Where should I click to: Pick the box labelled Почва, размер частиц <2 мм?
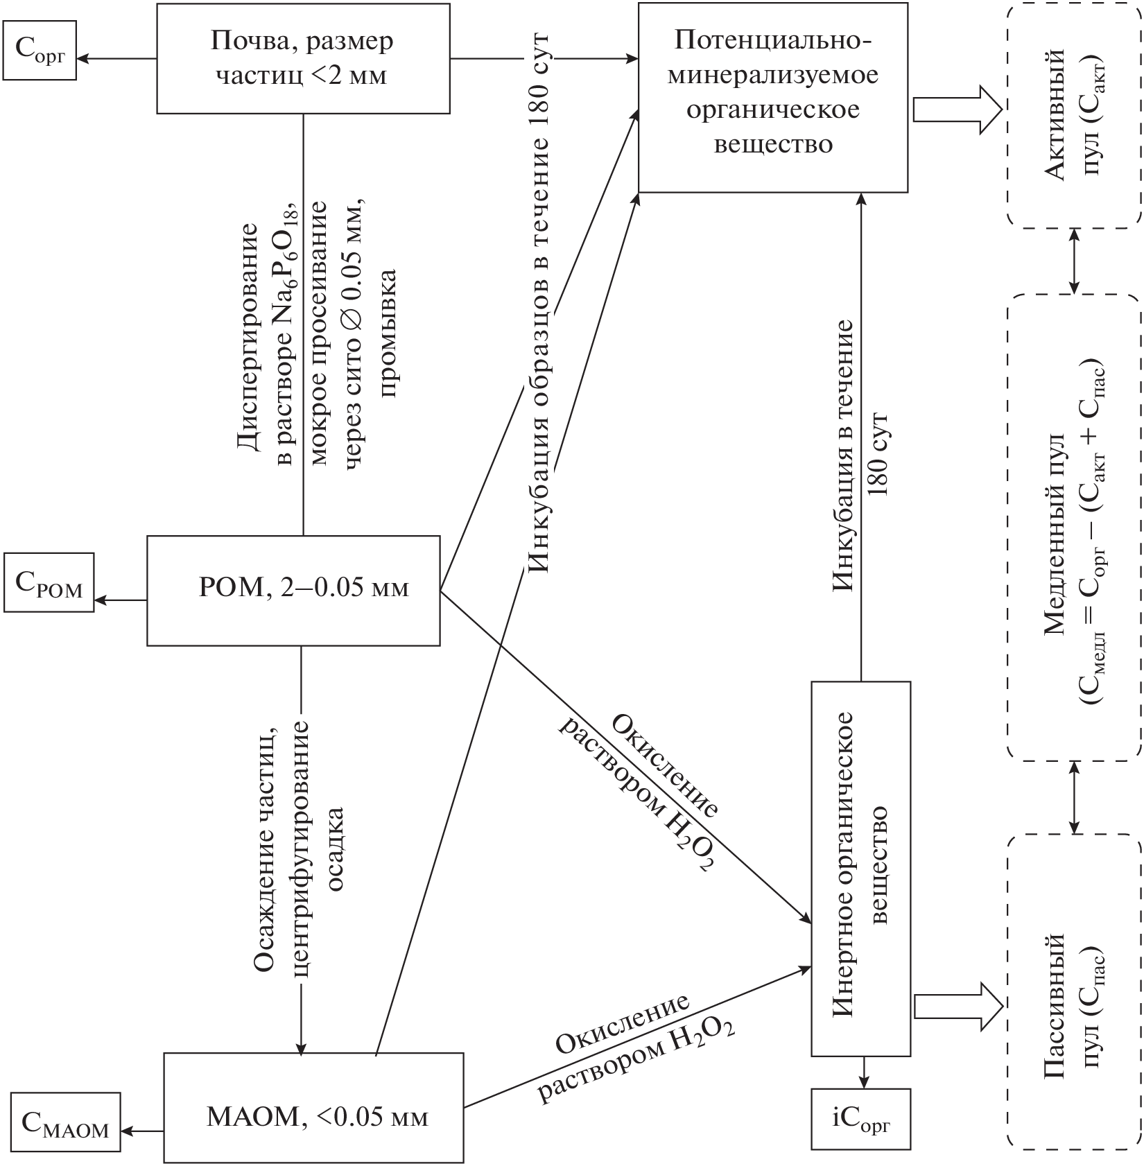pos(303,58)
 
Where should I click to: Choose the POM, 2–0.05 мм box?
pos(293,590)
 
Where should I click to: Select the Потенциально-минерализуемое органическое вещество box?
pos(772,97)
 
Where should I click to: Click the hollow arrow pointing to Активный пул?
pos(957,109)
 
